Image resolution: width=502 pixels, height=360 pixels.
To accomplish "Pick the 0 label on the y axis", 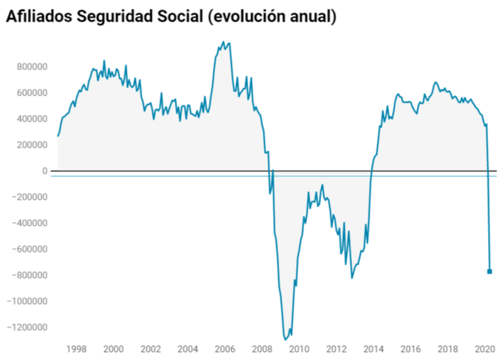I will (44, 171).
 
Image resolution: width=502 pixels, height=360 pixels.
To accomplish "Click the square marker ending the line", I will (489, 271).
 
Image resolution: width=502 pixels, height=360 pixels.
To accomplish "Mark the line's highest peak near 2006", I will (224, 42).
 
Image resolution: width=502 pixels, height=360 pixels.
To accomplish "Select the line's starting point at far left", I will (58, 136).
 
